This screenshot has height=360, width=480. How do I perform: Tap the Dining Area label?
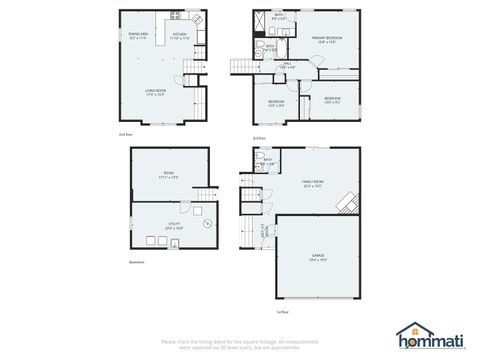pos(140,36)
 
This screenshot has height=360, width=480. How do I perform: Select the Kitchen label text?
pos(181,36)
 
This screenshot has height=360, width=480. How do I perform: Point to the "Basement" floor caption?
pos(137,263)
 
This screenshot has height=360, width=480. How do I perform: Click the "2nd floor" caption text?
pos(125,133)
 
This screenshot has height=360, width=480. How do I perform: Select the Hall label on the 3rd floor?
pos(287,66)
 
